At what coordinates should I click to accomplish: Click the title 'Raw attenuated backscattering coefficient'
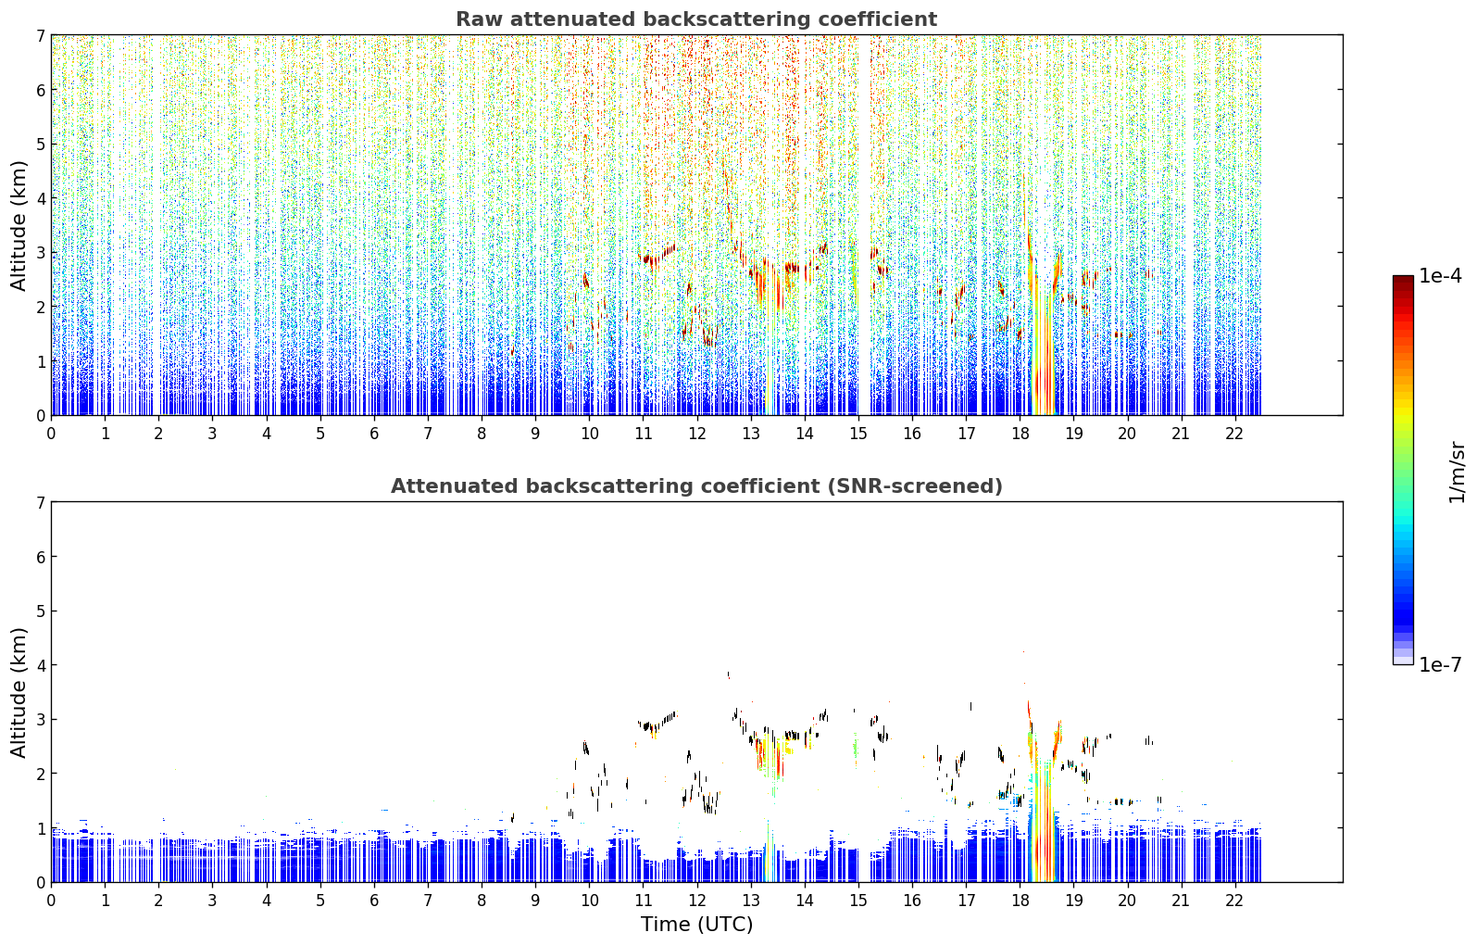(696, 19)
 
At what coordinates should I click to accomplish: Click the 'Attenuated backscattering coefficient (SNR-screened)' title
(696, 485)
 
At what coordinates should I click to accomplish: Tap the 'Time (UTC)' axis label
(696, 924)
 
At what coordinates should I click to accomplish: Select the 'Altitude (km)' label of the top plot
(19, 226)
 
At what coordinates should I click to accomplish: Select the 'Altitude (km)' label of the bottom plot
(19, 692)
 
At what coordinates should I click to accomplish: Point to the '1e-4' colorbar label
(1440, 276)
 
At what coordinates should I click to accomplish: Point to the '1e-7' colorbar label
(1440, 664)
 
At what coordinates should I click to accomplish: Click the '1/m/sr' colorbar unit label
(1457, 472)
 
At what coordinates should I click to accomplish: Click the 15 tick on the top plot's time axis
(857, 434)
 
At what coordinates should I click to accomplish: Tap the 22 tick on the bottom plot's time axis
(1234, 901)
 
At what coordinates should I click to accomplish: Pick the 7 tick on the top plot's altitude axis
(40, 35)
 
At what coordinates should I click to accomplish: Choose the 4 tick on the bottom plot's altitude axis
(40, 665)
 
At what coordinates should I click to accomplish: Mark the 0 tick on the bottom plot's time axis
(52, 901)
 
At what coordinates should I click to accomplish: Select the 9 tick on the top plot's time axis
(535, 434)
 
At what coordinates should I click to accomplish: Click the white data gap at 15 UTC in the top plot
(864, 224)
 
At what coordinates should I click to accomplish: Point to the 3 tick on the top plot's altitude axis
(40, 253)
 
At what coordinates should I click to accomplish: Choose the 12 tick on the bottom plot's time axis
(697, 901)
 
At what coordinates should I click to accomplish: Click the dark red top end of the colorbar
(1403, 280)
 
